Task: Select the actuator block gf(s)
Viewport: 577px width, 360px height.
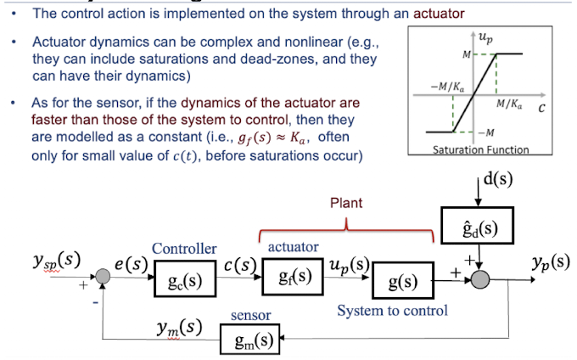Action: tap(293, 277)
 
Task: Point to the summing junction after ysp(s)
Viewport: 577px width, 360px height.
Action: tap(103, 275)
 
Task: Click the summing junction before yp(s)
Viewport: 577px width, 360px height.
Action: tap(480, 276)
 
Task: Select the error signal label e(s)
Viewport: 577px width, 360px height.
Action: tap(132, 263)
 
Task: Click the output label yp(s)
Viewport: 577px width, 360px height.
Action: tap(547, 261)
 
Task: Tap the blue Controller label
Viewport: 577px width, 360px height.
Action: tap(184, 249)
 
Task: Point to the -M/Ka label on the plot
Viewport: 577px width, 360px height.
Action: tap(447, 87)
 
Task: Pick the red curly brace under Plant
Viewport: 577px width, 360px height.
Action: tap(347, 227)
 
